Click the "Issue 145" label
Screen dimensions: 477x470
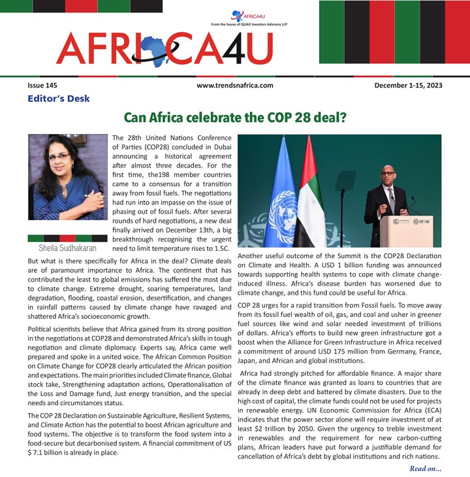tap(42, 86)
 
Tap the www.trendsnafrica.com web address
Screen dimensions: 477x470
tap(234, 86)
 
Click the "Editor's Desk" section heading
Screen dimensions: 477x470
tap(59, 99)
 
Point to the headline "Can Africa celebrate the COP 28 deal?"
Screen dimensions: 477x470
tap(235, 118)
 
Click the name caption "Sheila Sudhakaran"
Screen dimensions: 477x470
tap(67, 249)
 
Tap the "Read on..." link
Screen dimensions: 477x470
tap(426, 469)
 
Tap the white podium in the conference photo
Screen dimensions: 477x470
tap(406, 231)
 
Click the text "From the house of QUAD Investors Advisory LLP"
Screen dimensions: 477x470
tap(249, 24)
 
